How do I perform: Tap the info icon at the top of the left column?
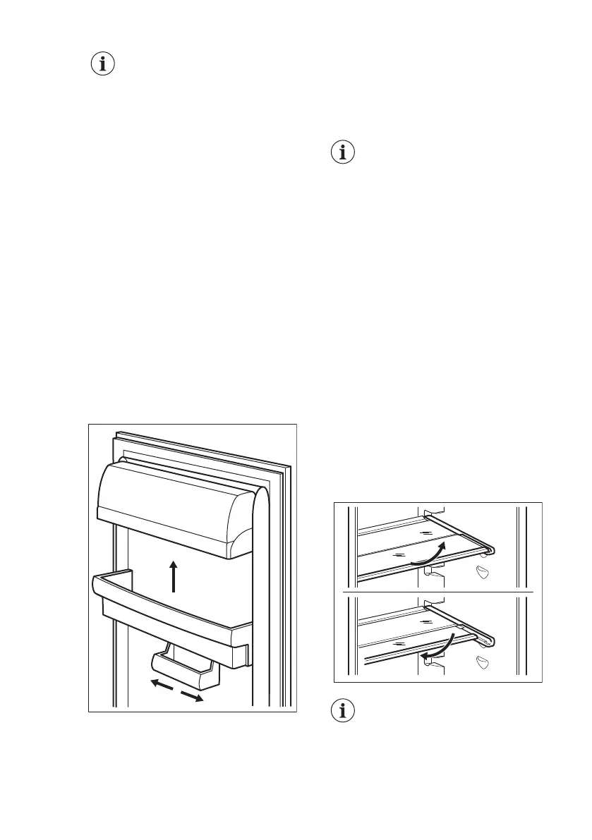[103, 64]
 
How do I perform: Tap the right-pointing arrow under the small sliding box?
[192, 696]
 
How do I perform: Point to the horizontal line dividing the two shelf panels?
[437, 591]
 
